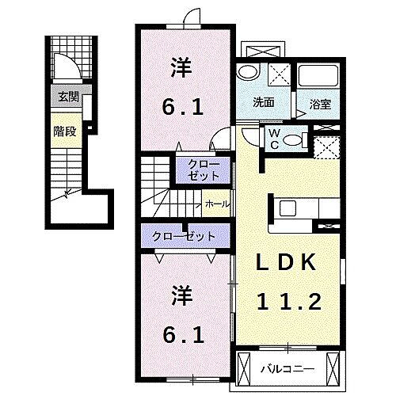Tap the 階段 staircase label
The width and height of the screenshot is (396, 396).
click(65, 131)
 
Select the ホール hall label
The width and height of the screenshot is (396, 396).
click(217, 204)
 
